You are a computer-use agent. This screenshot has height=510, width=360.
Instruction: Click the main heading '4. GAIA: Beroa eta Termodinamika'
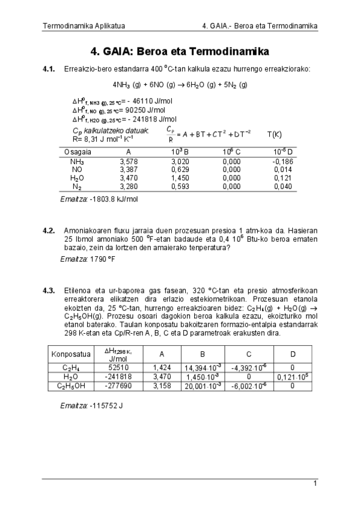[180, 51]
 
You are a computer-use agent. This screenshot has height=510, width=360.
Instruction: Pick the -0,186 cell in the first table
[282, 162]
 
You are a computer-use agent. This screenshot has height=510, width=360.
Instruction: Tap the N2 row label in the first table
[77, 187]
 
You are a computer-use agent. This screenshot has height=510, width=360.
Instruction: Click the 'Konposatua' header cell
[72, 354]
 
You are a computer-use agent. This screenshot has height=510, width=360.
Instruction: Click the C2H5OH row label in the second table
[72, 386]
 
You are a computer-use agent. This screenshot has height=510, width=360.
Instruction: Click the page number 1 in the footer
[314, 484]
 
